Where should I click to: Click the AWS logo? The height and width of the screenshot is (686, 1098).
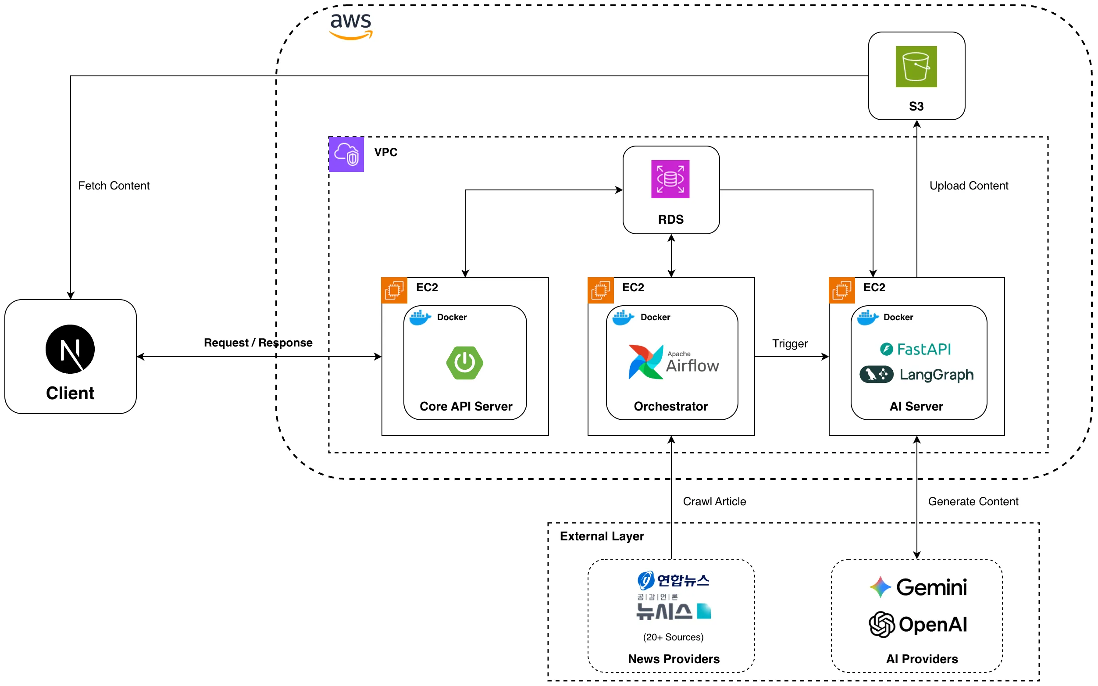pyautogui.click(x=351, y=26)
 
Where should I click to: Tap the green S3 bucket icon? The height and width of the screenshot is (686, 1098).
pyautogui.click(x=916, y=66)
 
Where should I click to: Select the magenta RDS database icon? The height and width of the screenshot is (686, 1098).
pyautogui.click(x=670, y=179)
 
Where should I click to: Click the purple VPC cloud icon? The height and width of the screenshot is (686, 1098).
pyautogui.click(x=346, y=154)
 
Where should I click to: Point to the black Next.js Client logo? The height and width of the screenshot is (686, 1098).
pyautogui.click(x=70, y=349)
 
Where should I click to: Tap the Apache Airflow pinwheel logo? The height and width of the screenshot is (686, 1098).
pyautogui.click(x=645, y=361)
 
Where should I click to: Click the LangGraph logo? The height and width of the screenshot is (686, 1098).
pyautogui.click(x=916, y=374)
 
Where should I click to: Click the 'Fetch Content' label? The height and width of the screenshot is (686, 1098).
pyautogui.click(x=114, y=186)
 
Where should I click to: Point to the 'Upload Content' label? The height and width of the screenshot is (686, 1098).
pyautogui.click(x=968, y=186)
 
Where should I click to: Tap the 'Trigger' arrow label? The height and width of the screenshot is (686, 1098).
pyautogui.click(x=790, y=343)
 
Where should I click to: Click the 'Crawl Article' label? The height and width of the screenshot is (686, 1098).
pyautogui.click(x=714, y=501)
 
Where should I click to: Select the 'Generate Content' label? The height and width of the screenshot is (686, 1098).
pyautogui.click(x=973, y=501)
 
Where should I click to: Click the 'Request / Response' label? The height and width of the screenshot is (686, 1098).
pyautogui.click(x=258, y=343)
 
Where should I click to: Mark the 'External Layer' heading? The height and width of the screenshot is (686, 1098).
pyautogui.click(x=601, y=536)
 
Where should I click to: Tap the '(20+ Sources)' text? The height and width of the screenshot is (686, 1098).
pyautogui.click(x=673, y=637)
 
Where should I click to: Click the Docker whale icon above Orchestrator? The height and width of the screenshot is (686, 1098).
pyautogui.click(x=623, y=317)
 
